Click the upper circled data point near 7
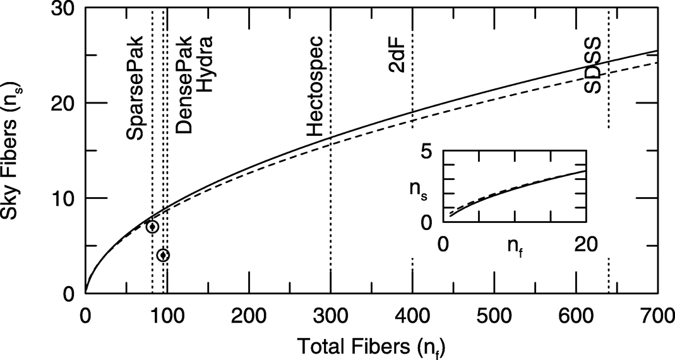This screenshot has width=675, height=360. [152, 227]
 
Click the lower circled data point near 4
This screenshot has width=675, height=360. [163, 255]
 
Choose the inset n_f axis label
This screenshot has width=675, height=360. [514, 246]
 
